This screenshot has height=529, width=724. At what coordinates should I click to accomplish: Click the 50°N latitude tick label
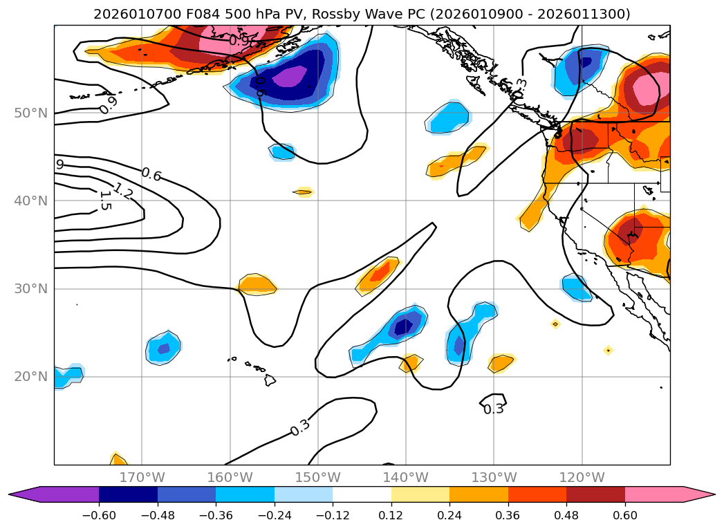pos(30,113)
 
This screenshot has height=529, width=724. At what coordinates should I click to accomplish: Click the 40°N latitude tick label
pos(30,201)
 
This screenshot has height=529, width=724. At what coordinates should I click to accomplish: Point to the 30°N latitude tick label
pos(30,288)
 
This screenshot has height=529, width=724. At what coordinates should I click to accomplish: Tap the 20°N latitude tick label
pos(30,377)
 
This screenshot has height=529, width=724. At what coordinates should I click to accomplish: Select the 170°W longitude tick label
pos(142,477)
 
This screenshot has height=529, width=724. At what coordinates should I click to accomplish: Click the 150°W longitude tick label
pos(317,477)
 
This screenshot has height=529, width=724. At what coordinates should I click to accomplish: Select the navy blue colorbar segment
pos(128,494)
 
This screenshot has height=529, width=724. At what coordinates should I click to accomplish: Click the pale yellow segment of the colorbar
pos(420,494)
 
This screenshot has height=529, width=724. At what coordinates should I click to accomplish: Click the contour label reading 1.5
pos(104,201)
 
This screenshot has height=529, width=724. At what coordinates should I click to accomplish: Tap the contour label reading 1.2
pos(123,189)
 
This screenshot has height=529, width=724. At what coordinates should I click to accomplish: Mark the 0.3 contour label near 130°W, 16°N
pos(493,409)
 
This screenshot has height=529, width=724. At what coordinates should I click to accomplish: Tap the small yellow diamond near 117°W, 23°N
pos(608,351)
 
